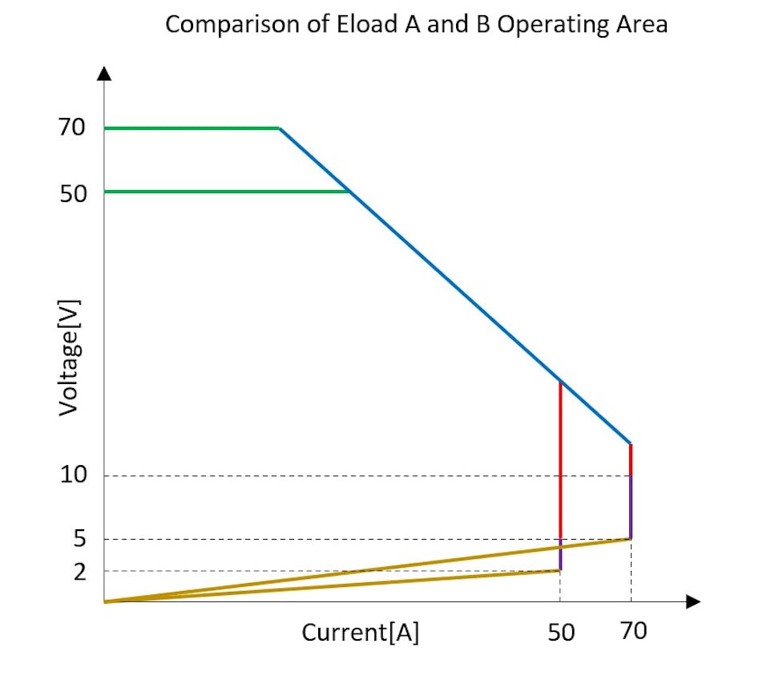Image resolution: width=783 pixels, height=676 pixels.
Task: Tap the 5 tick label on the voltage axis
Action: [79, 539]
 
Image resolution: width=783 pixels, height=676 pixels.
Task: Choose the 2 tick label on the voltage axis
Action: [79, 571]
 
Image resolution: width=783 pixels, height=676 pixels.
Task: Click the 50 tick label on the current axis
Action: [561, 633]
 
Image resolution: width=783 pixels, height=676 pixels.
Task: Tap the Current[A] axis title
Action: [360, 633]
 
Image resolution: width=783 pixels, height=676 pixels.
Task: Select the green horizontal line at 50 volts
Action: [224, 192]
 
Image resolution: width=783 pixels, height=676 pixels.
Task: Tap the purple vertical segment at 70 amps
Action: [631, 507]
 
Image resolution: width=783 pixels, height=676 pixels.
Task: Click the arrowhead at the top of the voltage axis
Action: [104, 73]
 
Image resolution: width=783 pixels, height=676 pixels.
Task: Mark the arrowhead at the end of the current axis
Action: [694, 601]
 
